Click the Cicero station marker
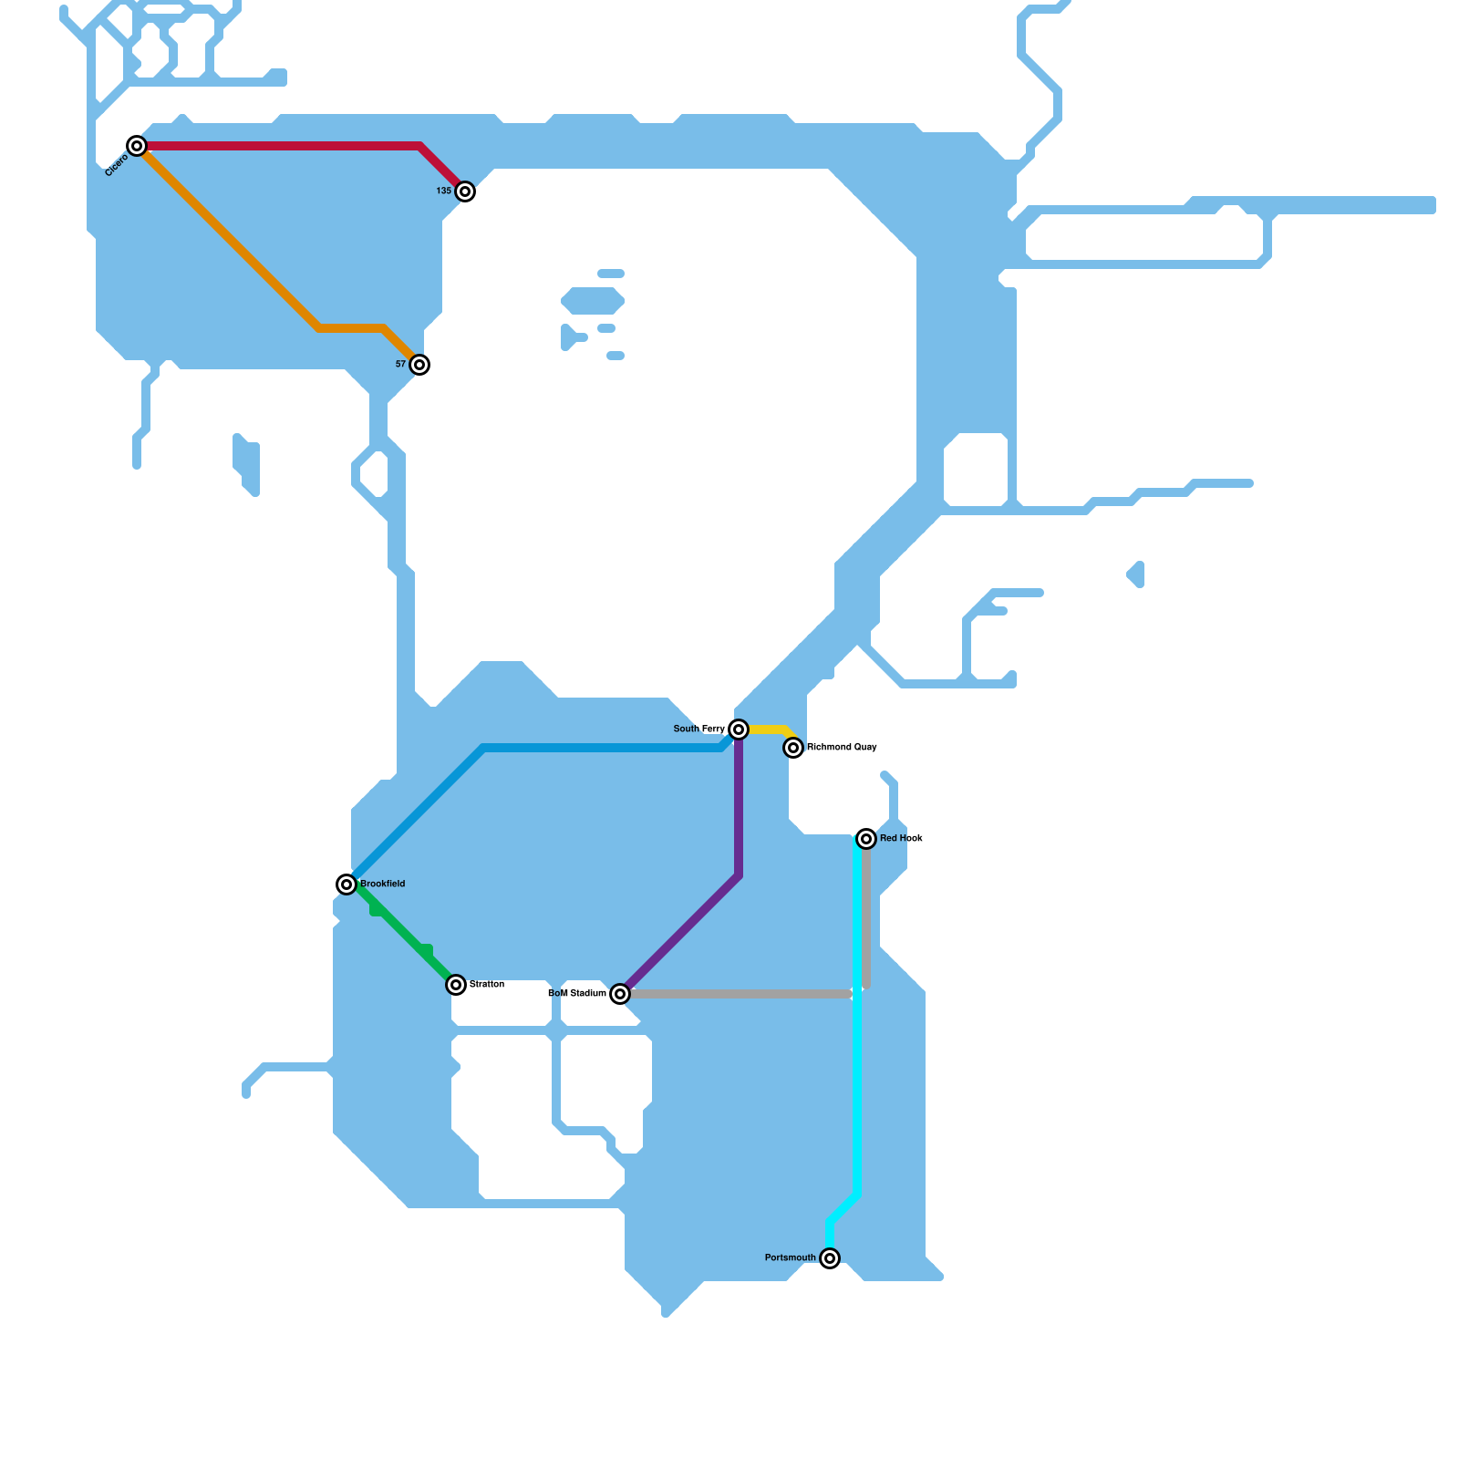point(137,146)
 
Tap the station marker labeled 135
point(465,191)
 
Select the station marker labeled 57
point(419,365)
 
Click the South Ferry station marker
point(739,729)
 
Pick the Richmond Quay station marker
point(793,748)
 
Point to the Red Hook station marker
point(866,839)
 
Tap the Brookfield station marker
point(347,885)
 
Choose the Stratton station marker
point(456,985)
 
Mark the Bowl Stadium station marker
point(620,994)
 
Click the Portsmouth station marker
point(830,1258)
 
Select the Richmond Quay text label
point(842,748)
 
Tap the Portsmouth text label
point(790,1258)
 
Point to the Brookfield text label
point(383,885)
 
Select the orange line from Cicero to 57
point(228,237)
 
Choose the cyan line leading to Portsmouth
point(857,1094)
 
